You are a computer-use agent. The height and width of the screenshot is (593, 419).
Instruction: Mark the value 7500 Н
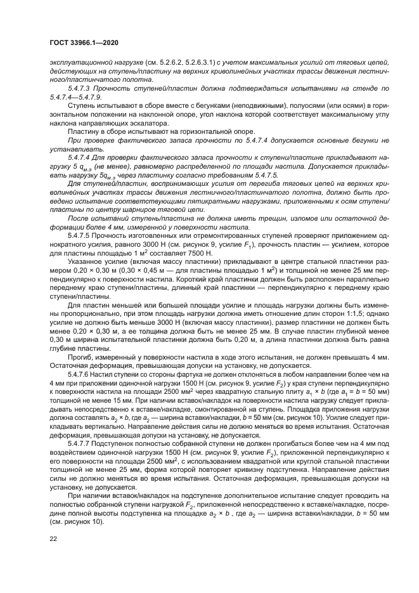click(200, 253)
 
